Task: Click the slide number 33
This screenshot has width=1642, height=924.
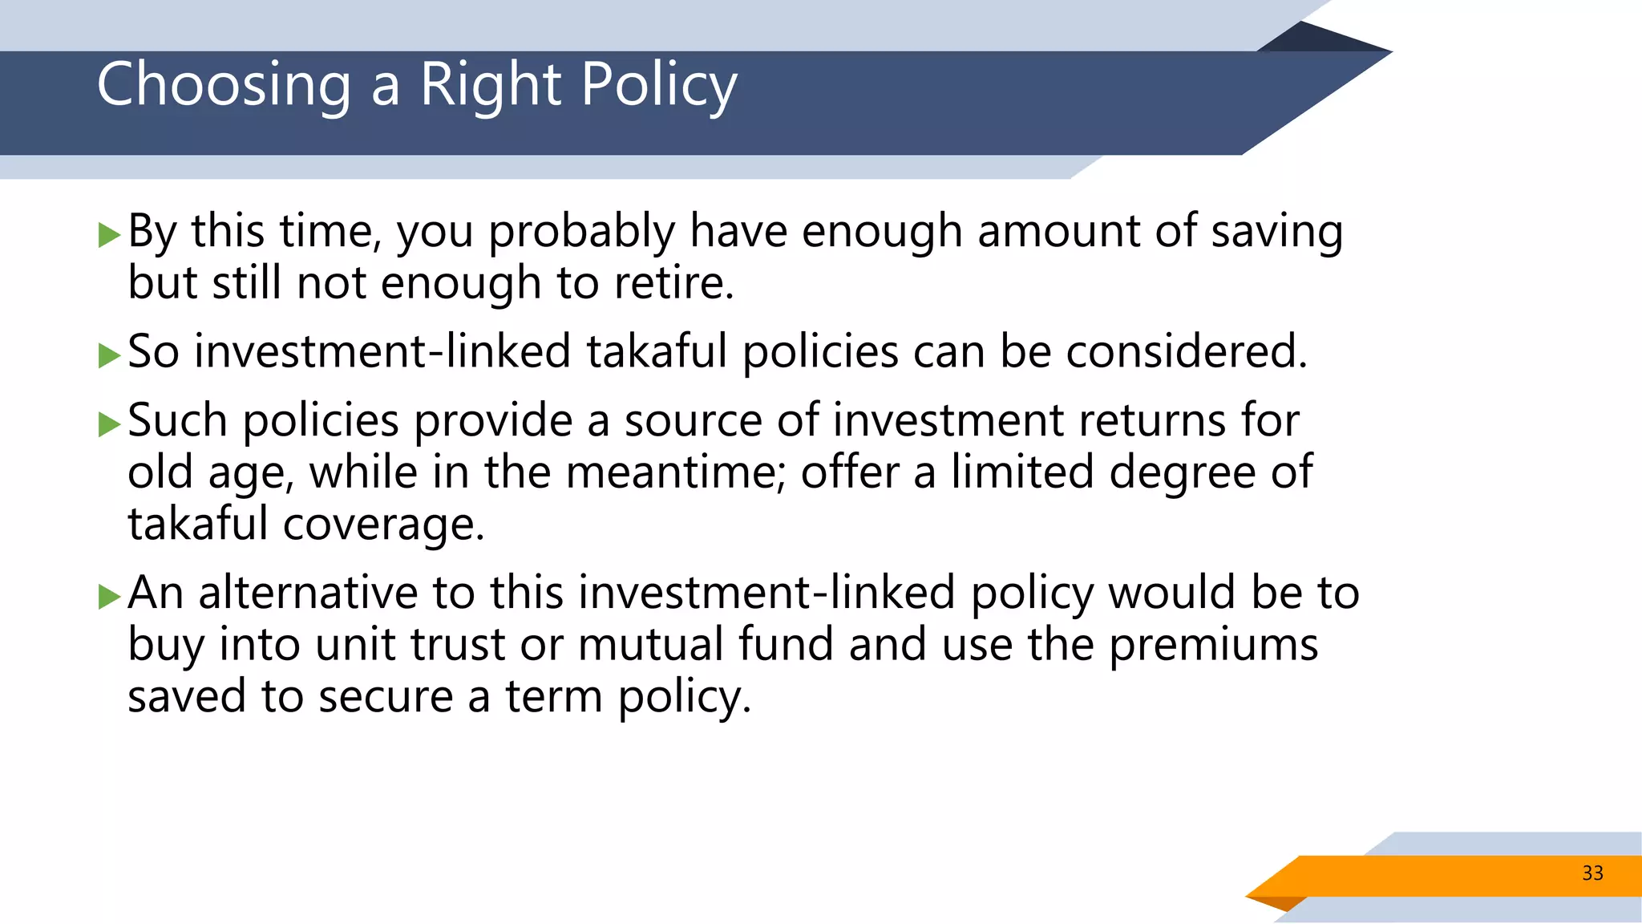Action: tap(1592, 873)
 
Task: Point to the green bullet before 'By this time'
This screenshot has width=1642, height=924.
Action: tap(108, 235)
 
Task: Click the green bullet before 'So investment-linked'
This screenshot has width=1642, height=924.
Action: tap(108, 355)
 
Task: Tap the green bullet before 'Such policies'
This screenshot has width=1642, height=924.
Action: tap(108, 423)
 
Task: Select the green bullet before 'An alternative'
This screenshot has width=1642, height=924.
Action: tap(108, 596)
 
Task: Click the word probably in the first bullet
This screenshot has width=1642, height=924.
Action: tap(582, 233)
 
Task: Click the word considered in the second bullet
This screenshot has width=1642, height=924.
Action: tap(1185, 352)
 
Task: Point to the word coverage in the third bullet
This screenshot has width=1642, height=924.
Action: tap(382, 525)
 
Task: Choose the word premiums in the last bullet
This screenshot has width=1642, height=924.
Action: tap(1213, 645)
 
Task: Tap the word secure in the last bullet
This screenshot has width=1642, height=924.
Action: tap(386, 696)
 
